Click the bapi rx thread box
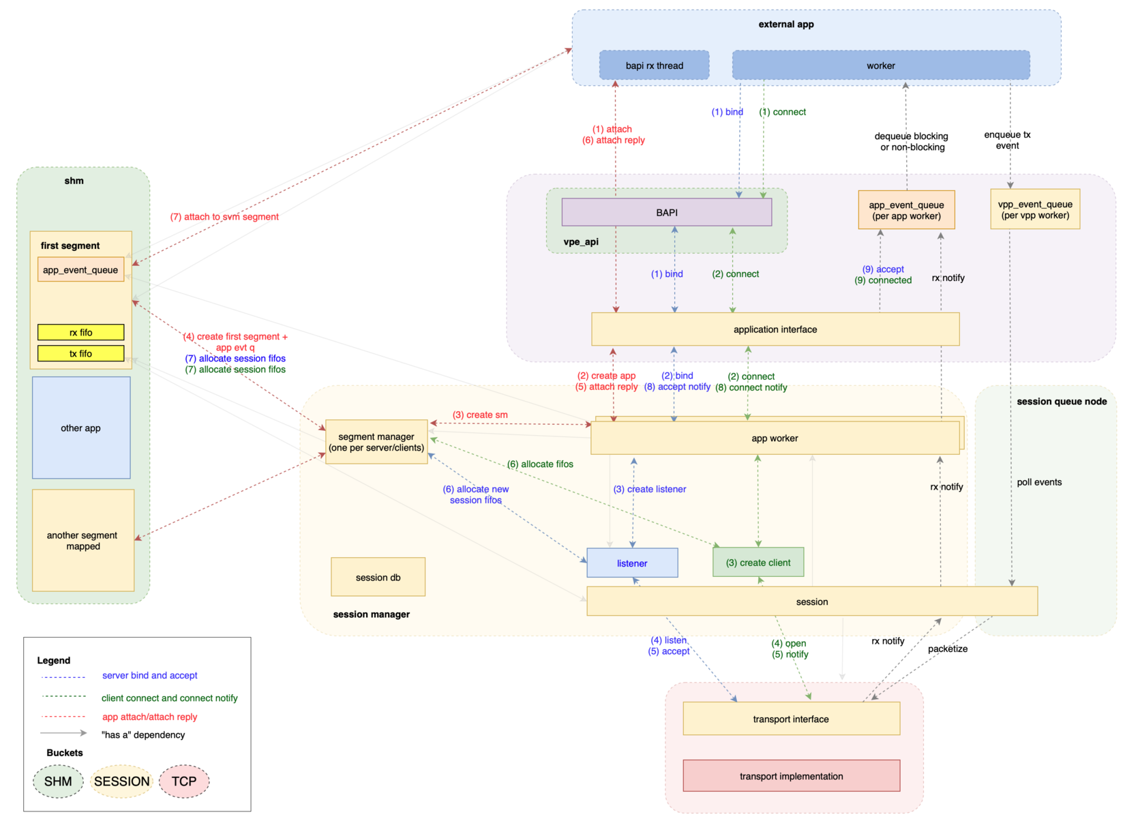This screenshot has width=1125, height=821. pyautogui.click(x=654, y=65)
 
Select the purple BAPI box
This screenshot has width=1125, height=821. pyautogui.click(x=666, y=212)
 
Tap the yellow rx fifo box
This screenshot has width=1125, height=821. pyautogui.click(x=80, y=332)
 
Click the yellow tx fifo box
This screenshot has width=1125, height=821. pyautogui.click(x=80, y=353)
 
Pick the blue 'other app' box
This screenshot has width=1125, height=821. pyautogui.click(x=80, y=428)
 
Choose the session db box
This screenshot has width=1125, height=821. pyautogui.click(x=378, y=577)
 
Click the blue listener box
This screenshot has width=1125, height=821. pyautogui.click(x=631, y=563)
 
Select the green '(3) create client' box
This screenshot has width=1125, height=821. pyautogui.click(x=757, y=563)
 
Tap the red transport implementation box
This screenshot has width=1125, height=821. pyautogui.click(x=791, y=776)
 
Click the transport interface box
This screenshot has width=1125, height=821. pyautogui.click(x=791, y=719)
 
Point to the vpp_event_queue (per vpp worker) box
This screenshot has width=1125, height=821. pyautogui.click(x=1034, y=209)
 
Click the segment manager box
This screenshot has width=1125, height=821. pyautogui.click(x=376, y=442)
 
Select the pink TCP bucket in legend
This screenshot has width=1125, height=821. pyautogui.click(x=184, y=781)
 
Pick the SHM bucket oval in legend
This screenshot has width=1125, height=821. pyautogui.click(x=58, y=781)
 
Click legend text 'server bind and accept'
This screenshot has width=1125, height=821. pyautogui.click(x=149, y=675)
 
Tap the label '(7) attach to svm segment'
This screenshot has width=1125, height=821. pyautogui.click(x=224, y=217)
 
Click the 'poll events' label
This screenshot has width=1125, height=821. pyautogui.click(x=1038, y=482)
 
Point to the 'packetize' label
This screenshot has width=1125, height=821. pyautogui.click(x=947, y=648)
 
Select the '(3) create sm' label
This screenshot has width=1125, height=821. pyautogui.click(x=480, y=415)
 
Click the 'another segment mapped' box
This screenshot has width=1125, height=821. pyautogui.click(x=82, y=540)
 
